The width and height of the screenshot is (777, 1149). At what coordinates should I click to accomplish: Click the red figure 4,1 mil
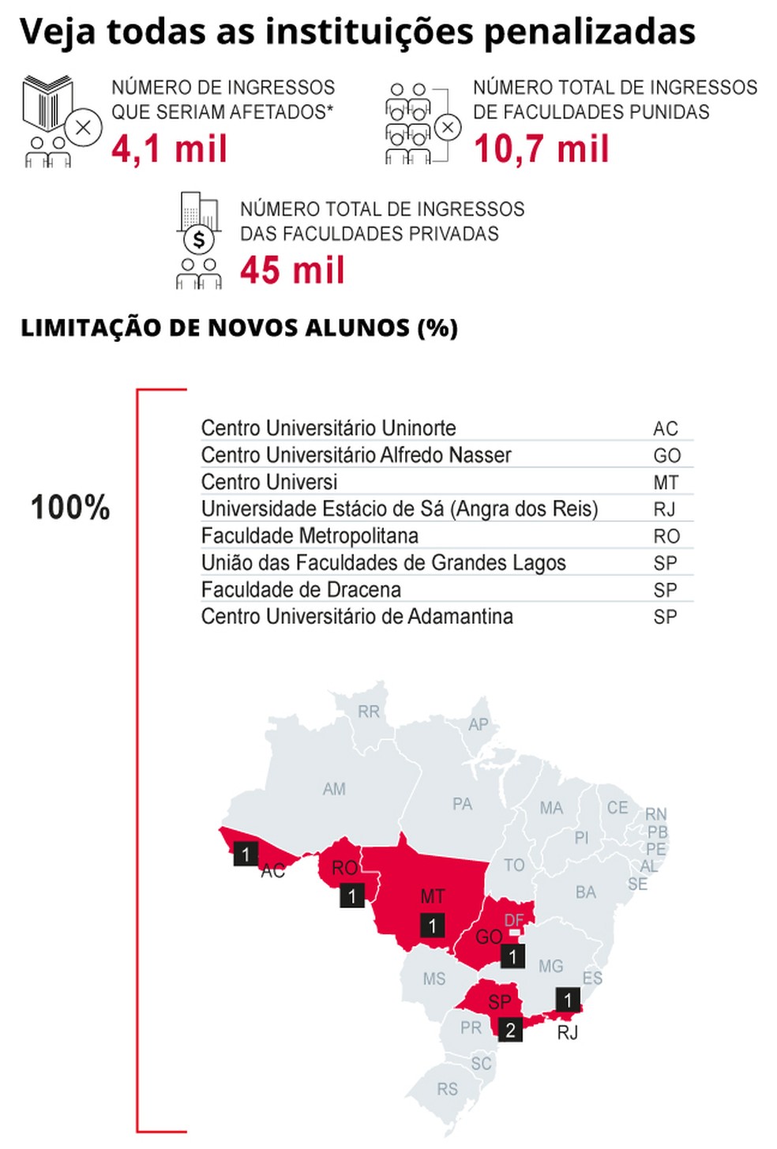(169, 148)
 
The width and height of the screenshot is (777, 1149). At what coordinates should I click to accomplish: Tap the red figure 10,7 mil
(541, 148)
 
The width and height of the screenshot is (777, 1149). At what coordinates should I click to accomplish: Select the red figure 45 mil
(292, 270)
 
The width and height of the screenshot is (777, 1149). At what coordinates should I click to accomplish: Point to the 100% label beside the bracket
(70, 508)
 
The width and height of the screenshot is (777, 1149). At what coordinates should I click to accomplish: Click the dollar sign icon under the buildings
(199, 238)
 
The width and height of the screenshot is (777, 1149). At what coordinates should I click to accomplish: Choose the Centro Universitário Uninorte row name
(328, 428)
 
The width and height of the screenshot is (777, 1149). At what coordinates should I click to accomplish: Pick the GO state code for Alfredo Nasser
(666, 456)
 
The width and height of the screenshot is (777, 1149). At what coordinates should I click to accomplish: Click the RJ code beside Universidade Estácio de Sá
(664, 509)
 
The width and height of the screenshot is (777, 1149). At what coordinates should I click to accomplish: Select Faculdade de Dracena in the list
(301, 590)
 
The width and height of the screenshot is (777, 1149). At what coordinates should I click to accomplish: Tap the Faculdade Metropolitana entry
(310, 536)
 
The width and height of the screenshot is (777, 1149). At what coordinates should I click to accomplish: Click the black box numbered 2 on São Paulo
(510, 1029)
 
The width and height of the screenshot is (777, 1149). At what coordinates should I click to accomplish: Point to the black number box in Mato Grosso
(432, 926)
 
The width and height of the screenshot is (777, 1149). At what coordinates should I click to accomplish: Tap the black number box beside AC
(246, 854)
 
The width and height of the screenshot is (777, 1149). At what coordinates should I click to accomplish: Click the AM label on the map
(334, 789)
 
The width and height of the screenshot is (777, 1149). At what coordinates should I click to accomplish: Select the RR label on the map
(369, 712)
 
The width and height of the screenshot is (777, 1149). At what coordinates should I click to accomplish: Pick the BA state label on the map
(585, 892)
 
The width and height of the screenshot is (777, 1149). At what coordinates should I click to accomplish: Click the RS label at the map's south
(447, 1089)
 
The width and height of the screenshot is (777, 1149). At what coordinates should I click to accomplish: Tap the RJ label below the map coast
(568, 1032)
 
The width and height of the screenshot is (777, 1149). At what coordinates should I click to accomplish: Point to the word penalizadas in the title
(590, 32)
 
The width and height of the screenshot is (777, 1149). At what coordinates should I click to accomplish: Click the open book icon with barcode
(47, 103)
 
